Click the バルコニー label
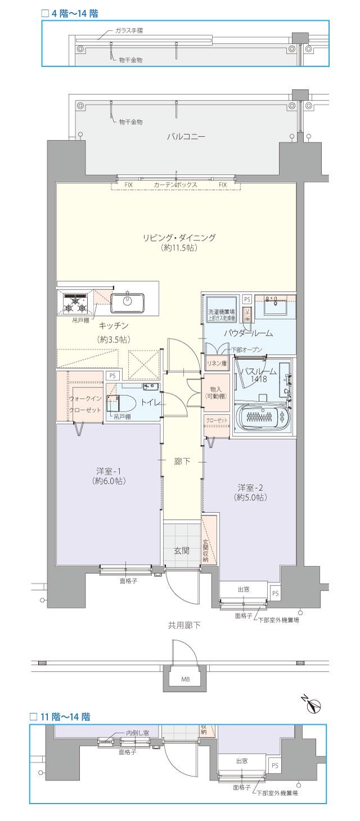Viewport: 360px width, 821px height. click(x=186, y=137)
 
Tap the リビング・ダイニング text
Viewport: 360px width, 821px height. click(x=178, y=238)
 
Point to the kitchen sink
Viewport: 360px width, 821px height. click(x=129, y=303)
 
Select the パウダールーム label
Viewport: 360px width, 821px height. click(x=248, y=333)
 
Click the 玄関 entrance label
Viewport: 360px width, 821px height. click(x=182, y=551)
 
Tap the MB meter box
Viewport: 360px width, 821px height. click(x=185, y=679)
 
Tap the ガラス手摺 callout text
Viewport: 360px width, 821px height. click(x=128, y=30)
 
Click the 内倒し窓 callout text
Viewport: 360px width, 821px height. click(x=138, y=734)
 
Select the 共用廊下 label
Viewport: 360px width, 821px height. click(x=184, y=625)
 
